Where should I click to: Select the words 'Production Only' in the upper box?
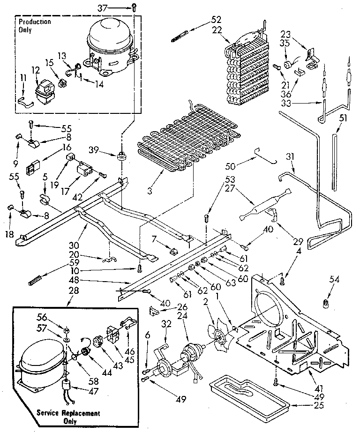pos(35,26)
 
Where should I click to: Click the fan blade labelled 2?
pos(219,334)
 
